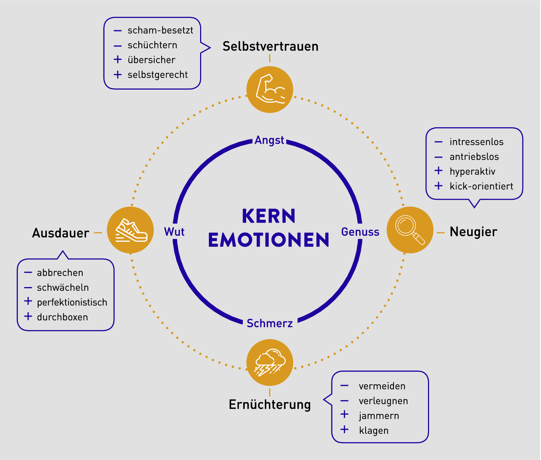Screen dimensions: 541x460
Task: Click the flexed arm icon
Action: click(x=270, y=89)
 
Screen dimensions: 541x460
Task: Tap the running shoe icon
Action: click(x=131, y=230)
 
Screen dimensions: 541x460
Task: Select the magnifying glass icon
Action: click(x=410, y=230)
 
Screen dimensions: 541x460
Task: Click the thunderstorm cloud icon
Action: click(x=270, y=362)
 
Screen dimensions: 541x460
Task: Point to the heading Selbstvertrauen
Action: click(x=270, y=46)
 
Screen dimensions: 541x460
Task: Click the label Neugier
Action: click(x=473, y=232)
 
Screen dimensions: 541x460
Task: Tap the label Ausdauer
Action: click(x=61, y=233)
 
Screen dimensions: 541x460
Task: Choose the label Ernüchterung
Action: click(x=270, y=404)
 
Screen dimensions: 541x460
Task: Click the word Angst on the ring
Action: click(x=270, y=140)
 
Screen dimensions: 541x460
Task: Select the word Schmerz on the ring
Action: click(x=270, y=323)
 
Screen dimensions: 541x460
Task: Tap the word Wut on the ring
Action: click(x=174, y=232)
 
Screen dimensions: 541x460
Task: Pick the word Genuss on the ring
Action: click(x=360, y=232)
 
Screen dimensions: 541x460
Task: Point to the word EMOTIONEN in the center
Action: click(x=269, y=240)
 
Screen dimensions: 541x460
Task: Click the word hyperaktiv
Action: click(x=472, y=171)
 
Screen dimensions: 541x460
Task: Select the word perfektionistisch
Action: click(x=72, y=302)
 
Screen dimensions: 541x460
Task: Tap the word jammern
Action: click(x=379, y=416)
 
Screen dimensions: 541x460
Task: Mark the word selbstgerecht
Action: click(x=158, y=75)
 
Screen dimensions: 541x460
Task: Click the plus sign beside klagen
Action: click(x=345, y=429)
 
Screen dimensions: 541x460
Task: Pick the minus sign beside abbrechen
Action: click(x=28, y=272)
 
